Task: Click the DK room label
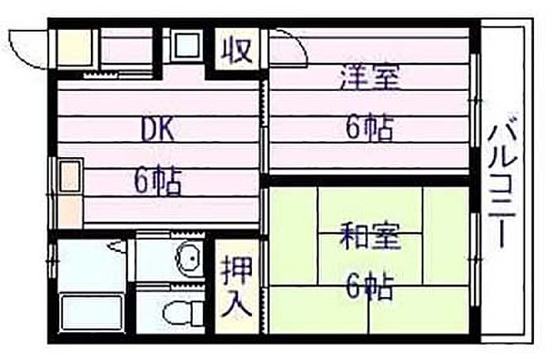click(157, 129)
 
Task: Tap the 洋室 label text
click(370, 78)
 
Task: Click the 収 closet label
click(237, 50)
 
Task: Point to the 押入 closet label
click(237, 287)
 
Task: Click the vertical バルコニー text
click(502, 180)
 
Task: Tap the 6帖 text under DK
click(158, 182)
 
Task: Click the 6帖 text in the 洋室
click(370, 127)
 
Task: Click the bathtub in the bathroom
click(91, 312)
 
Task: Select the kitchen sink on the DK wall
click(70, 176)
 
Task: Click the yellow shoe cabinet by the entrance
click(73, 47)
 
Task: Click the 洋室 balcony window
click(475, 99)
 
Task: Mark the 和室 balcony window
click(475, 260)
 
